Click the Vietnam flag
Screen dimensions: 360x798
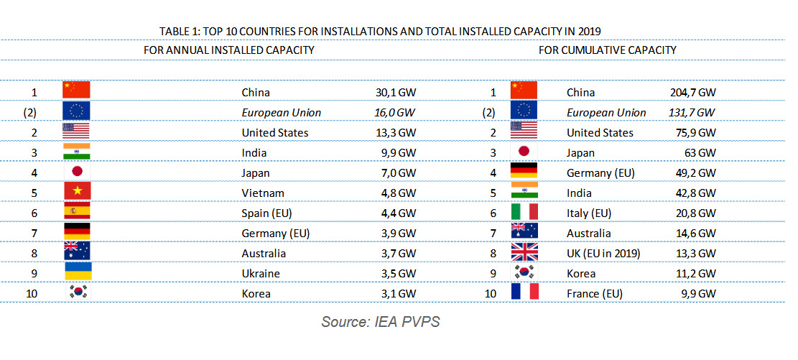76,193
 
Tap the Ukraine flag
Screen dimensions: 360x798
76,273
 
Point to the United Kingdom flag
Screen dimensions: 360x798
524,253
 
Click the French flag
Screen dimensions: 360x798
524,293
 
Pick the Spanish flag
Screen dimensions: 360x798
76,213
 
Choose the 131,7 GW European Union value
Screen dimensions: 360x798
692,113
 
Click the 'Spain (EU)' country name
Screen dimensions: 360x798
268,213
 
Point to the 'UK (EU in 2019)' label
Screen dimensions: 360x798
604,254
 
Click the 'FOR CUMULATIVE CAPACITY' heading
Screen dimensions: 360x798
607,50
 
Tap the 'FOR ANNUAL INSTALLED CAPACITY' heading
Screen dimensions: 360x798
228,50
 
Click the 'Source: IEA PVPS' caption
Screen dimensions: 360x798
380,322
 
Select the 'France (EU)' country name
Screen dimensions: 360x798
594,294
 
